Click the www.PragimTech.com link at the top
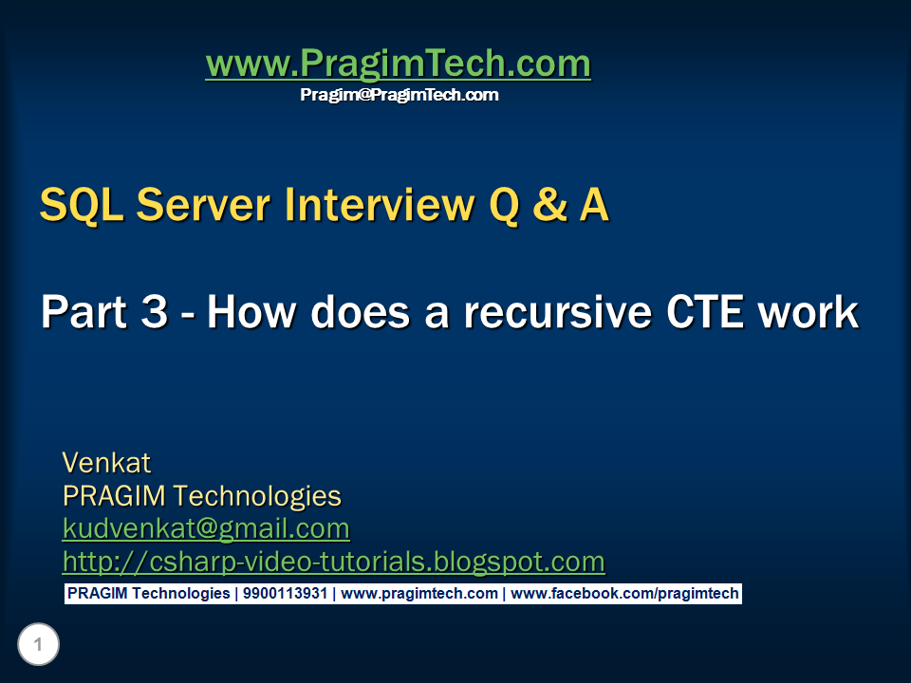pyautogui.click(x=398, y=64)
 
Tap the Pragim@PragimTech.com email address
pyautogui.click(x=400, y=95)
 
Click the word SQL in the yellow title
pyautogui.click(x=82, y=205)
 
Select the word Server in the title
pyautogui.click(x=203, y=205)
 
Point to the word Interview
pyautogui.click(x=380, y=205)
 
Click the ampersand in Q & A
pyautogui.click(x=549, y=205)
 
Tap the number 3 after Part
pyautogui.click(x=155, y=311)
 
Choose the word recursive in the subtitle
pyautogui.click(x=558, y=312)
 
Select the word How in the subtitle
pyautogui.click(x=251, y=312)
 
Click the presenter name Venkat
pyautogui.click(x=106, y=463)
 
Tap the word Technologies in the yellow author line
pyautogui.click(x=257, y=496)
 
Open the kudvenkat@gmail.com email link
pyautogui.click(x=206, y=528)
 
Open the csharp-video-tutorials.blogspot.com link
pyautogui.click(x=333, y=562)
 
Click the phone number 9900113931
pyautogui.click(x=285, y=594)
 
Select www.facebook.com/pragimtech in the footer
pyautogui.click(x=624, y=594)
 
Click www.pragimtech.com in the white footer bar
pyautogui.click(x=418, y=594)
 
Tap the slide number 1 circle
pyautogui.click(x=38, y=644)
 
